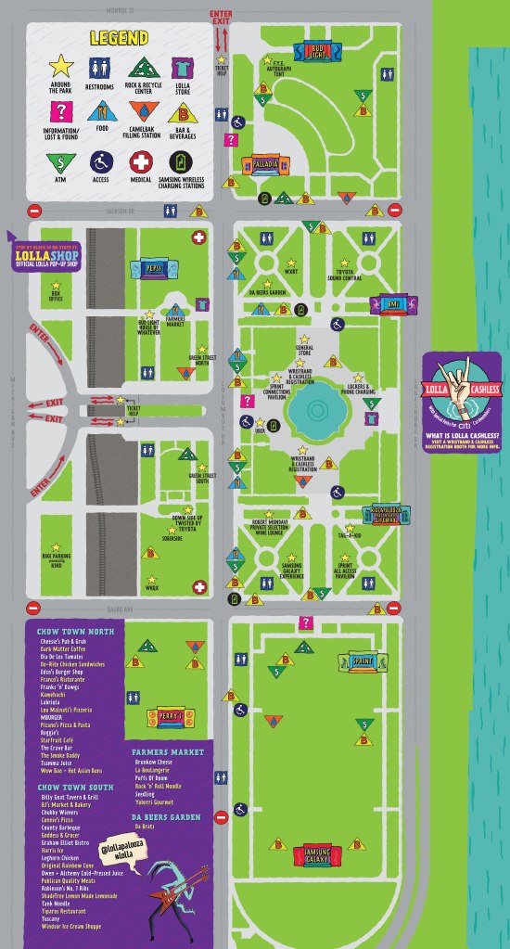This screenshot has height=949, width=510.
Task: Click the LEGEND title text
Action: pos(119,38)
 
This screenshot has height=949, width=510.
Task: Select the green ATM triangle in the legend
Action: pos(61,163)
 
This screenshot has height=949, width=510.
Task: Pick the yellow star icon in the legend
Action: pos(61,66)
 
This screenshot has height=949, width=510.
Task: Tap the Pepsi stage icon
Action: pos(153,270)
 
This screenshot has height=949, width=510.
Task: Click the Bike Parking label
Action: pos(57,558)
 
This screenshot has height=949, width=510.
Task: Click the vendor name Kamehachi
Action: pos(53,693)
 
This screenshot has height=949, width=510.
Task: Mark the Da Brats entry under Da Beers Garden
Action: pos(144,825)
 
